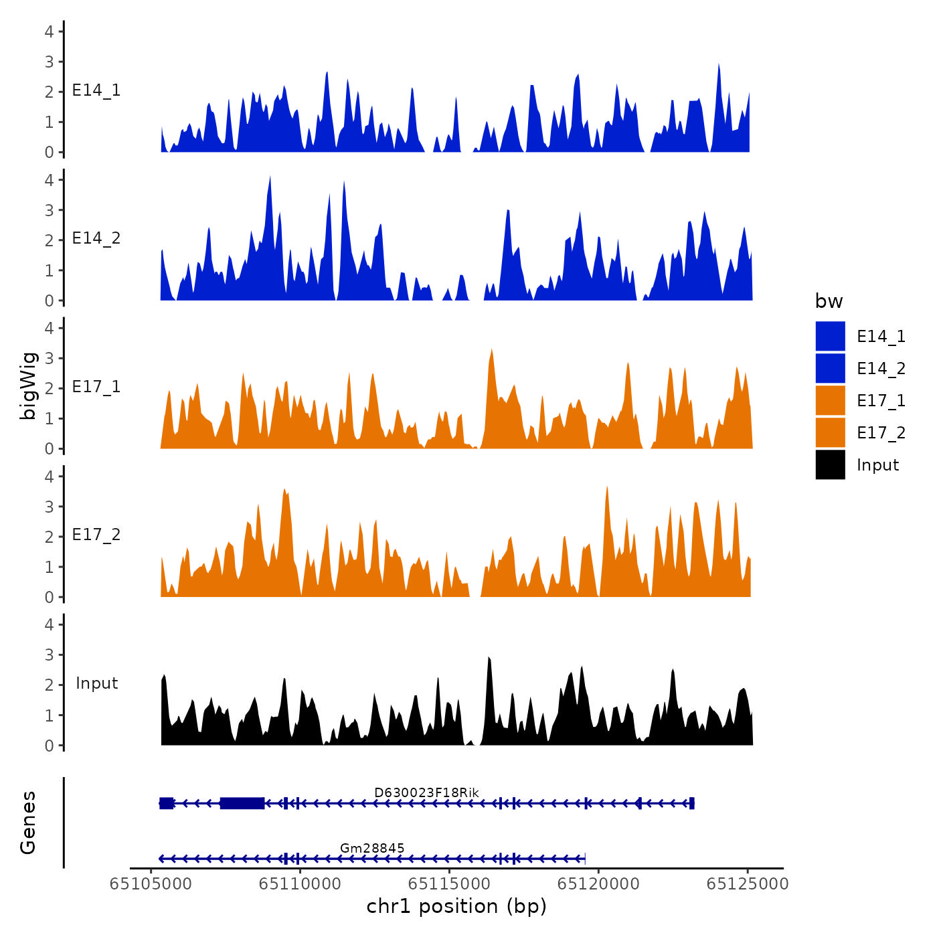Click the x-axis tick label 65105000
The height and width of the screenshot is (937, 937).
[x=151, y=884]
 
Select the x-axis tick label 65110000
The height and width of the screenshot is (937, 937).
[x=300, y=884]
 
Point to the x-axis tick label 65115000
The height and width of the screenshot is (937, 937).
[x=449, y=884]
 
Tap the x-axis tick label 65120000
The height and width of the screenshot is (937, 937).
[x=598, y=884]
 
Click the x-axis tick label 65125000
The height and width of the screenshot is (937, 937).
[x=748, y=884]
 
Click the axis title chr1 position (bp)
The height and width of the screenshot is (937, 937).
[x=456, y=907]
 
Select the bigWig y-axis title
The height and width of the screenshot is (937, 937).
[x=28, y=386]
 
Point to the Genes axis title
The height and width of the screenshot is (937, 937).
[x=28, y=823]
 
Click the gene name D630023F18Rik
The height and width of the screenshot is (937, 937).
[x=426, y=793]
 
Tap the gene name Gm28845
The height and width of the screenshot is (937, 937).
[x=372, y=849]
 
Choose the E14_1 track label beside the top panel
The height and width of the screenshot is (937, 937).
[x=96, y=90]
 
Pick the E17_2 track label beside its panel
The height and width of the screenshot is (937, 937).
[x=96, y=535]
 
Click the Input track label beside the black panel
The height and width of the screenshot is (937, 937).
[x=96, y=683]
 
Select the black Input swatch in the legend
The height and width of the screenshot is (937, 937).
[x=830, y=465]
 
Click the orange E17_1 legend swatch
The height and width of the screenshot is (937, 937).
[x=830, y=401]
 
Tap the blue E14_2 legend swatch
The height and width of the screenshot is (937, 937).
[x=830, y=369]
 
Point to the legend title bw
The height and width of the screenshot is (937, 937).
[x=829, y=302]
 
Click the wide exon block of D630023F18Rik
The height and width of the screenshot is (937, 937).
[x=242, y=803]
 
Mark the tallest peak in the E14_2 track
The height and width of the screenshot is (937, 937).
[x=270, y=178]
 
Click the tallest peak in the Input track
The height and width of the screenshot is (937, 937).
[x=489, y=659]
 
